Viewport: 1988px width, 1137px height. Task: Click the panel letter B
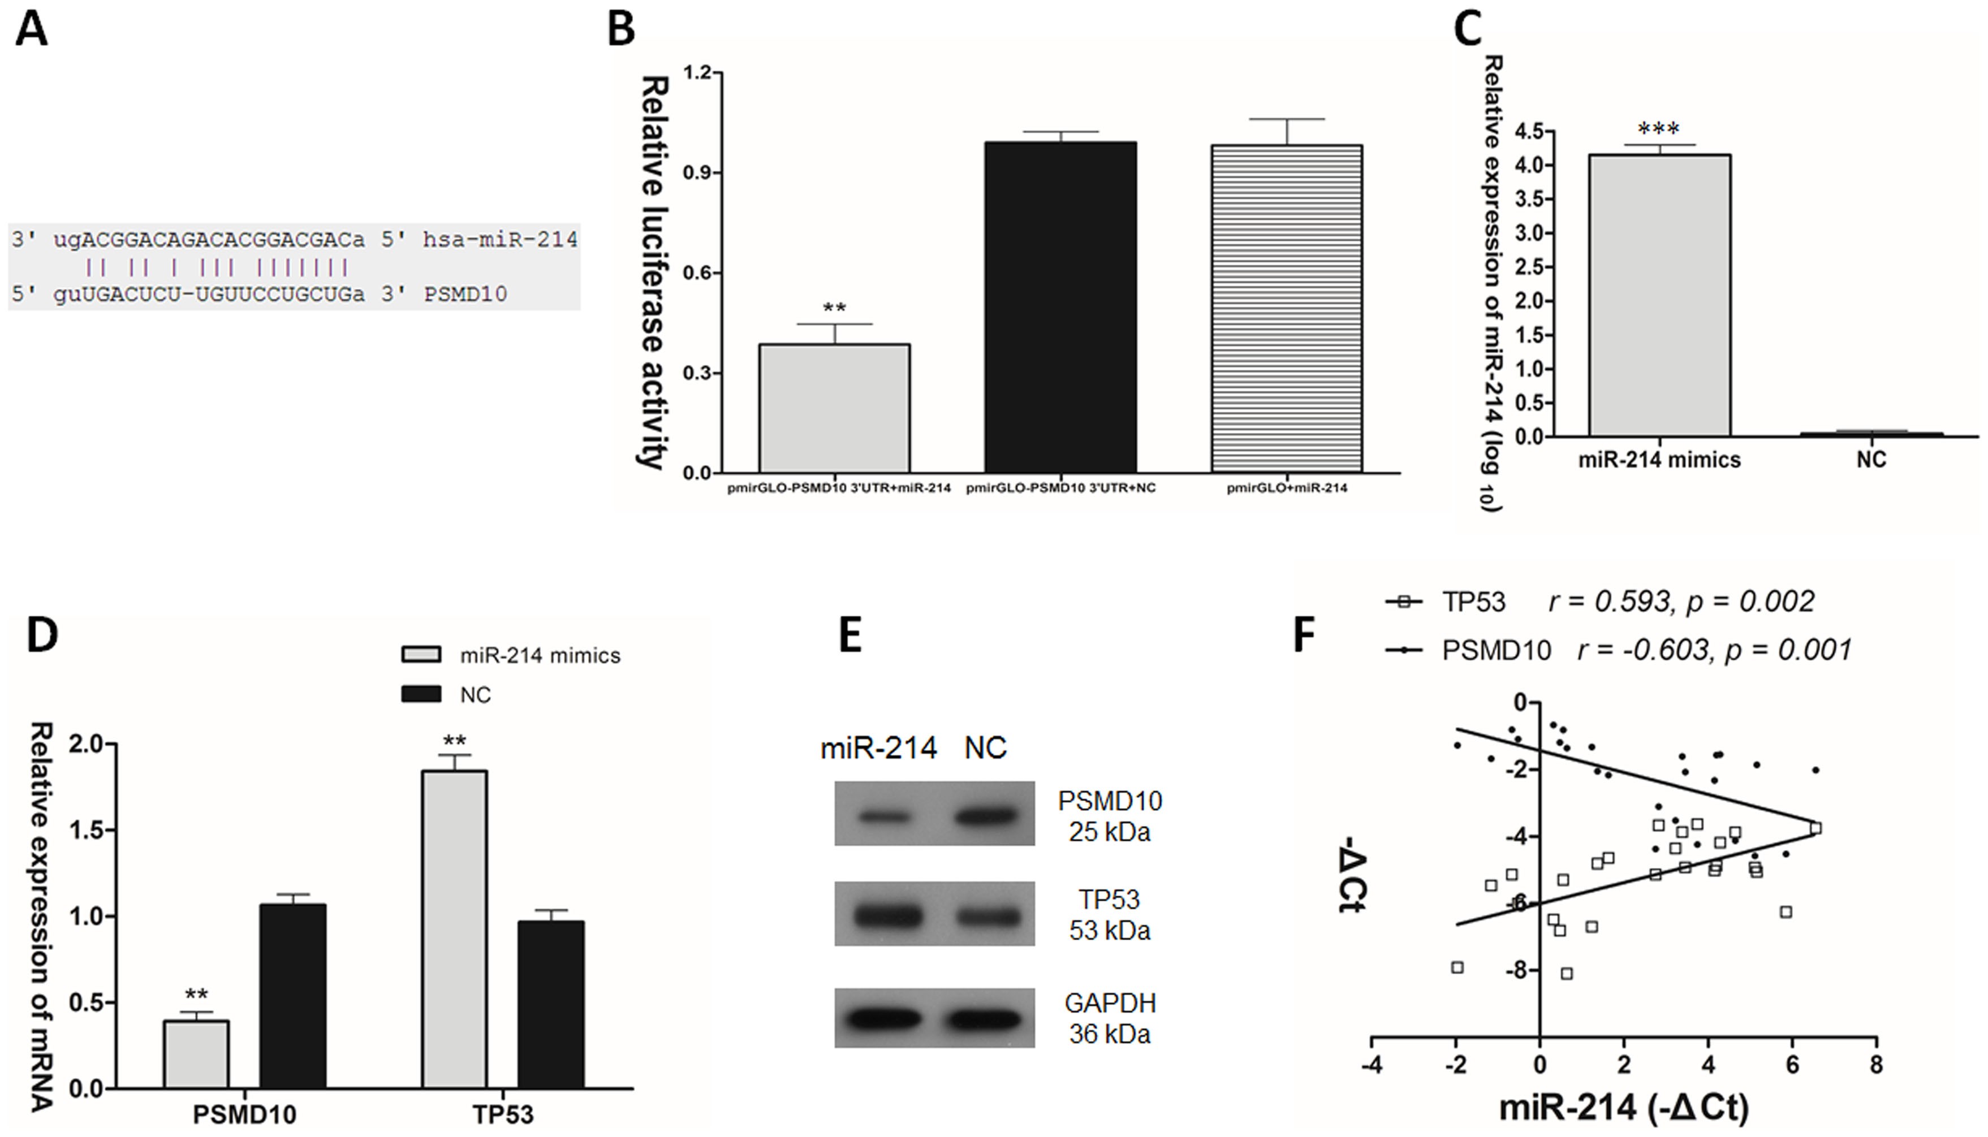coord(621,31)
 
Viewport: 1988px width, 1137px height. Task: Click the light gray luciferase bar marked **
coord(834,408)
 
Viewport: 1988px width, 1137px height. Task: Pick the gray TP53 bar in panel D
coord(455,930)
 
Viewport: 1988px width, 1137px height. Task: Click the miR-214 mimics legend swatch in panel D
coord(421,654)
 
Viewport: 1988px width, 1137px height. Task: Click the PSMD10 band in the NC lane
coord(986,816)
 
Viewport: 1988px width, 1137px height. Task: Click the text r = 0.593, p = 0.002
coord(1681,602)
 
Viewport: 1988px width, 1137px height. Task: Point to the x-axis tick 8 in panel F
coord(1875,1065)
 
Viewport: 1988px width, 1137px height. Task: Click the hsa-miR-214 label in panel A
coord(500,239)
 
